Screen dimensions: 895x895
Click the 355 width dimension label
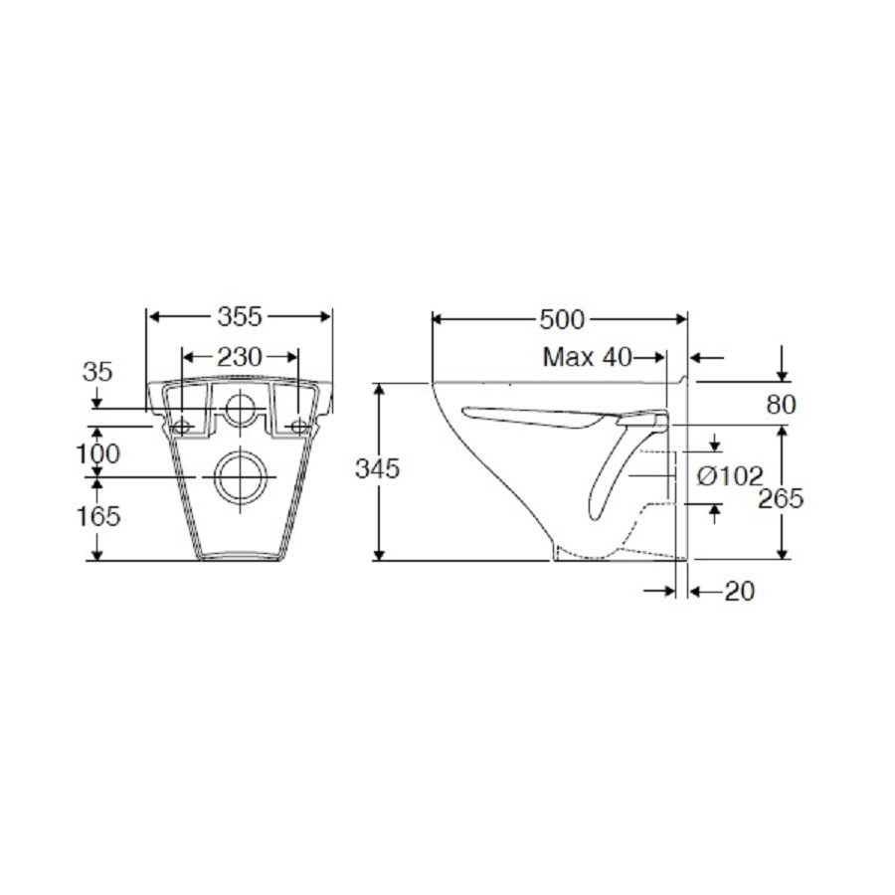tap(240, 317)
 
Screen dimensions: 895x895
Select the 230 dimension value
tap(240, 357)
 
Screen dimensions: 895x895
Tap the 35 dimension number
tap(97, 372)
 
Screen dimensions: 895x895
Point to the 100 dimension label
tap(98, 454)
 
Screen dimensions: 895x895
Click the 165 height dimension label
tap(98, 516)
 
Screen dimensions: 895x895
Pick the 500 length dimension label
tap(562, 320)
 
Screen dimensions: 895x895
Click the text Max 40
tap(588, 357)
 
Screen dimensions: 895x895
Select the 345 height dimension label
tap(377, 469)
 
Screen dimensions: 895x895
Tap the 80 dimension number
tap(781, 405)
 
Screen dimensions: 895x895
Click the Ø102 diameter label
tap(730, 476)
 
